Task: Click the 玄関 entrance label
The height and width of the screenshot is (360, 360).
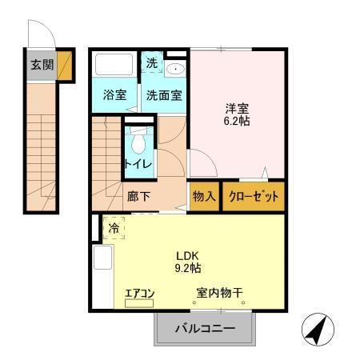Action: [x=42, y=65]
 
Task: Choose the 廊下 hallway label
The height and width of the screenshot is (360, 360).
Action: [x=138, y=195]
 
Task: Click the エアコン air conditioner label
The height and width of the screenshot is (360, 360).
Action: [x=138, y=294]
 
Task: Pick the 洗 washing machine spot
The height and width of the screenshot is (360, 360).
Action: [x=150, y=62]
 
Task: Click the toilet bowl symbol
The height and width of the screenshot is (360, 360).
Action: [x=138, y=144]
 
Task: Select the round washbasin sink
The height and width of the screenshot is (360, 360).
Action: [x=175, y=68]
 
